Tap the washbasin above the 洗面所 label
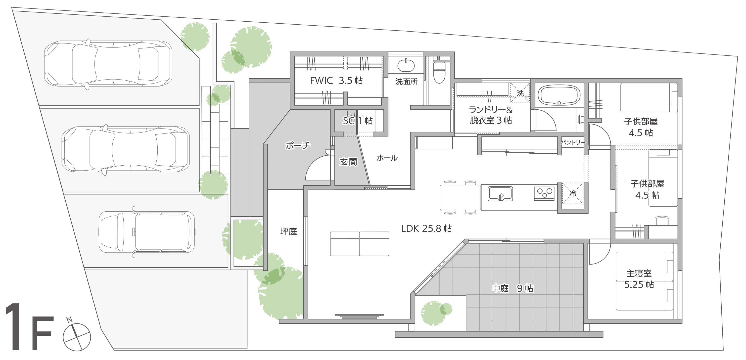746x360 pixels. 406,65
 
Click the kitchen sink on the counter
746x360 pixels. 500,194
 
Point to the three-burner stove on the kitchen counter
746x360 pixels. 544,193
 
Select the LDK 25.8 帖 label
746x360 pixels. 426,228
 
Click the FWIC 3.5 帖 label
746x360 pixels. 336,81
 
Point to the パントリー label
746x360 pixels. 573,142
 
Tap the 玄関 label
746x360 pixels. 348,162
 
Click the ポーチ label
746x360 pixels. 298,145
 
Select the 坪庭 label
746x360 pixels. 289,231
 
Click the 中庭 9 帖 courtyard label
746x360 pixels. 512,288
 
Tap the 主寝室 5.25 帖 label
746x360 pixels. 639,279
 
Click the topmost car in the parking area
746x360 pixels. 108,64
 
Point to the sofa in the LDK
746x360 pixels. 359,244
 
